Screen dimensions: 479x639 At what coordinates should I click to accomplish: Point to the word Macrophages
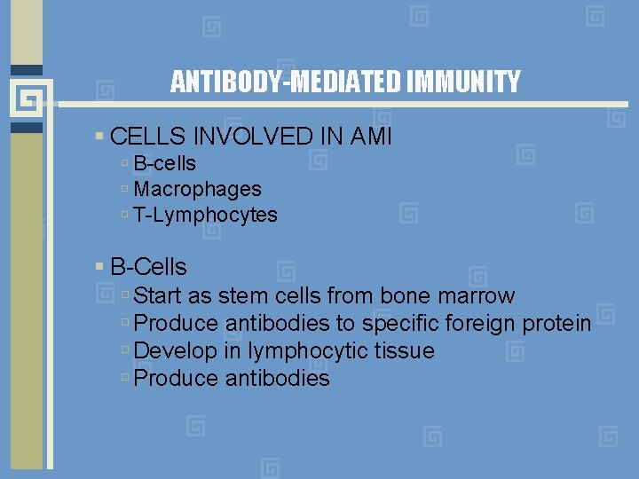[197, 189]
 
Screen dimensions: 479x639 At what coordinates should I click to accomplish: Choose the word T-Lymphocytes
[205, 215]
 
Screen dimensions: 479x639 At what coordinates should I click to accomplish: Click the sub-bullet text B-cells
[164, 163]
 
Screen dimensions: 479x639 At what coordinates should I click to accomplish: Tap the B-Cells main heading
[148, 266]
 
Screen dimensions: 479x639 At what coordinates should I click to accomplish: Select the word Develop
[175, 351]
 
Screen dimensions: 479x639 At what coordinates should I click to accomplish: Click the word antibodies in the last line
[277, 379]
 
